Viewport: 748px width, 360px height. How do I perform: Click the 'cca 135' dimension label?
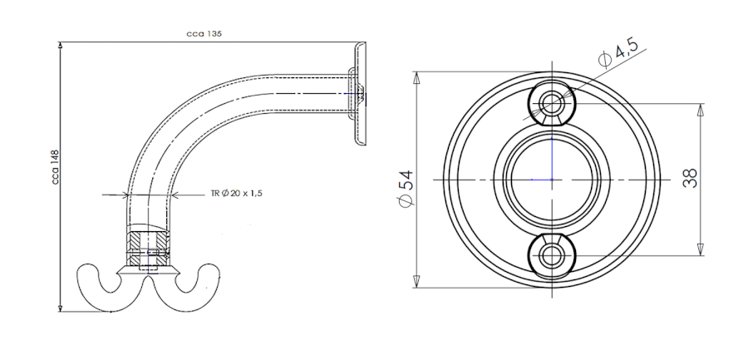pyautogui.click(x=204, y=34)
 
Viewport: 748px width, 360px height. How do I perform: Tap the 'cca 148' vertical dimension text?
pyautogui.click(x=56, y=167)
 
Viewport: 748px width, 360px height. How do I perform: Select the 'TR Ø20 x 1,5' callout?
pyautogui.click(x=237, y=194)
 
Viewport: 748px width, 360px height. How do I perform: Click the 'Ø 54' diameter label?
pyautogui.click(x=406, y=188)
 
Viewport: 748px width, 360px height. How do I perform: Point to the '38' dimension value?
pyautogui.click(x=690, y=178)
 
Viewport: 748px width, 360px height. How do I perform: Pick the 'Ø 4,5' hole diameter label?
pyautogui.click(x=618, y=53)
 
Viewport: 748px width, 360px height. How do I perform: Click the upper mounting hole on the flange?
pyautogui.click(x=552, y=102)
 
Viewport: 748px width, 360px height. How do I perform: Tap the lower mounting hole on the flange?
pyautogui.click(x=552, y=255)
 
